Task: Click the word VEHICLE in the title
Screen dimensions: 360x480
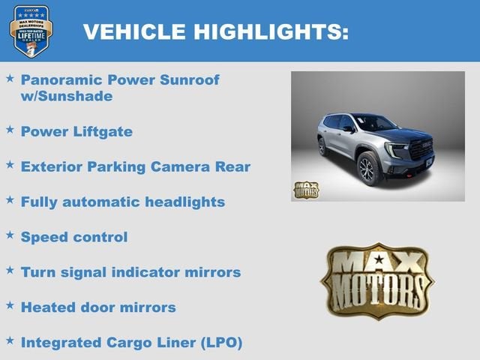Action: [x=134, y=31]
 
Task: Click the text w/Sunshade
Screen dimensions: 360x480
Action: [x=67, y=96]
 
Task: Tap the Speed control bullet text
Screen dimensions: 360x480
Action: [x=74, y=237]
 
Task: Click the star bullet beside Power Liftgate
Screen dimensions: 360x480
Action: [x=10, y=130]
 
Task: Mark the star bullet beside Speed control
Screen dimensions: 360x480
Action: [x=10, y=235]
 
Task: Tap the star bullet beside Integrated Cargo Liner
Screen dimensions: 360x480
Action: [x=10, y=341]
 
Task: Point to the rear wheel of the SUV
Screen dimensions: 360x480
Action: [x=322, y=147]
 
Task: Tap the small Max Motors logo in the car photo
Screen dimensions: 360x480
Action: [x=305, y=190]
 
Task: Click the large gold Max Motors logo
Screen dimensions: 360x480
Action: [x=376, y=281]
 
